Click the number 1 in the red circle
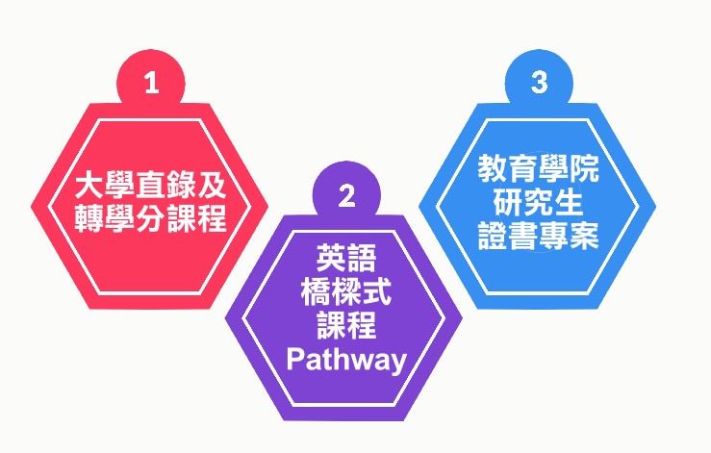coord(150,84)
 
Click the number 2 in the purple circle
coord(347,197)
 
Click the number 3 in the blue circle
coord(539,83)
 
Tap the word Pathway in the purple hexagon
coord(347,360)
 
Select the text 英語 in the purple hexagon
coord(347,259)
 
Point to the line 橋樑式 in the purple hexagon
coord(347,292)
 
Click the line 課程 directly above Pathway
coord(347,326)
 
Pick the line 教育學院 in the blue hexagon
coord(538,169)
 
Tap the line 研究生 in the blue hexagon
coord(538,203)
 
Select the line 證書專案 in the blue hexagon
coord(538,236)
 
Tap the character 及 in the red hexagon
coord(212,186)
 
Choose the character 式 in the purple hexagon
coord(378,292)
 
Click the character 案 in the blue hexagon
coord(584,236)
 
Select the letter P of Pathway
coord(298,360)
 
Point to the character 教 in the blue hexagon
coord(493,169)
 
